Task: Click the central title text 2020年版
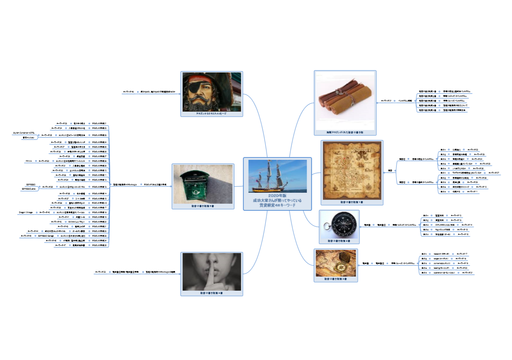277,195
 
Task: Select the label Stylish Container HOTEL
24,133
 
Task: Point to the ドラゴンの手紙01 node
100,123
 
